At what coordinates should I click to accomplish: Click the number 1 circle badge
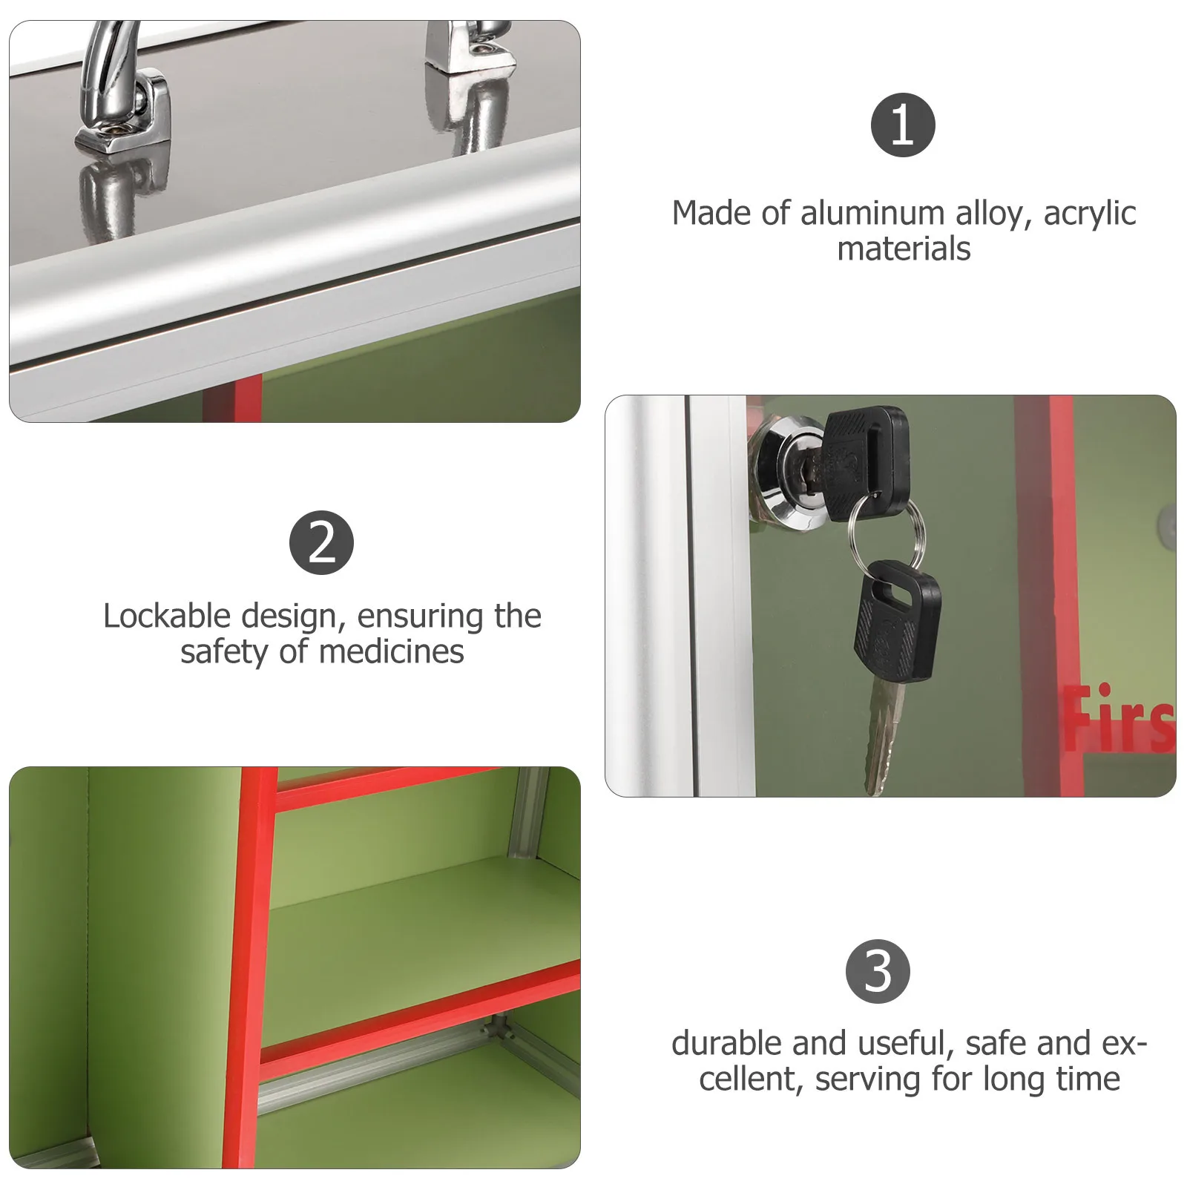coord(903,125)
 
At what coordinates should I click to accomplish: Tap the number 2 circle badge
coord(321,542)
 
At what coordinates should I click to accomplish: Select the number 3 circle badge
coord(878,971)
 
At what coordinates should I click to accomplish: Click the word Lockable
coord(167,616)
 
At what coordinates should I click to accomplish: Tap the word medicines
coord(392,652)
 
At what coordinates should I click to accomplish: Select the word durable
coord(726,1044)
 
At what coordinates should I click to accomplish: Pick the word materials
coord(904,249)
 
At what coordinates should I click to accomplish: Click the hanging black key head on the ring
coord(896,620)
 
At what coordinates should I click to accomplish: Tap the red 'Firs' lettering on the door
coord(1119,717)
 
